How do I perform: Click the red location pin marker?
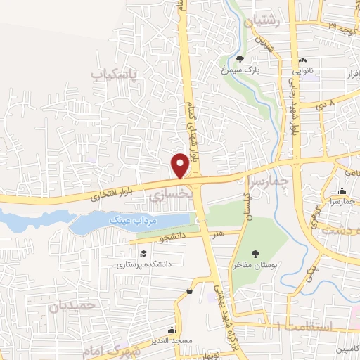coord(180,165)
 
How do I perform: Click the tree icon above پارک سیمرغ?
coord(242,59)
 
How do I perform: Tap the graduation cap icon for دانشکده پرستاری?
coord(143,253)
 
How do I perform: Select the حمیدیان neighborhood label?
coord(72,307)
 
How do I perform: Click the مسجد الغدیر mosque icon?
coord(172,330)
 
